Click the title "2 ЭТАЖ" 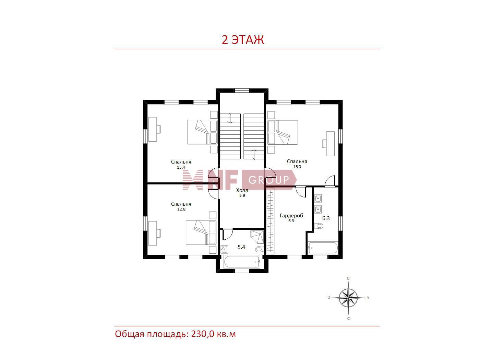point(242,39)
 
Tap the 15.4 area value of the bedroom point(181,167)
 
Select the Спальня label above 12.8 point(181,204)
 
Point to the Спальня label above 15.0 point(297,161)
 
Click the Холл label point(242,190)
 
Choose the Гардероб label point(291,216)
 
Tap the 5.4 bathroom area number point(241,247)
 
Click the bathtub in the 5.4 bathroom point(242,261)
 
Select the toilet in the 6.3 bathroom point(319,225)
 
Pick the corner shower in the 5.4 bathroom point(257,237)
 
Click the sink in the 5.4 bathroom point(224,249)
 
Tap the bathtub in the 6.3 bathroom point(323,248)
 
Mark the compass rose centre point(348,298)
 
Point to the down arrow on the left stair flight point(230,118)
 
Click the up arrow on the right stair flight point(254,155)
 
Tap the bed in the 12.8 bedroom point(201,232)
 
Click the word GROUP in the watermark point(269,180)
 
